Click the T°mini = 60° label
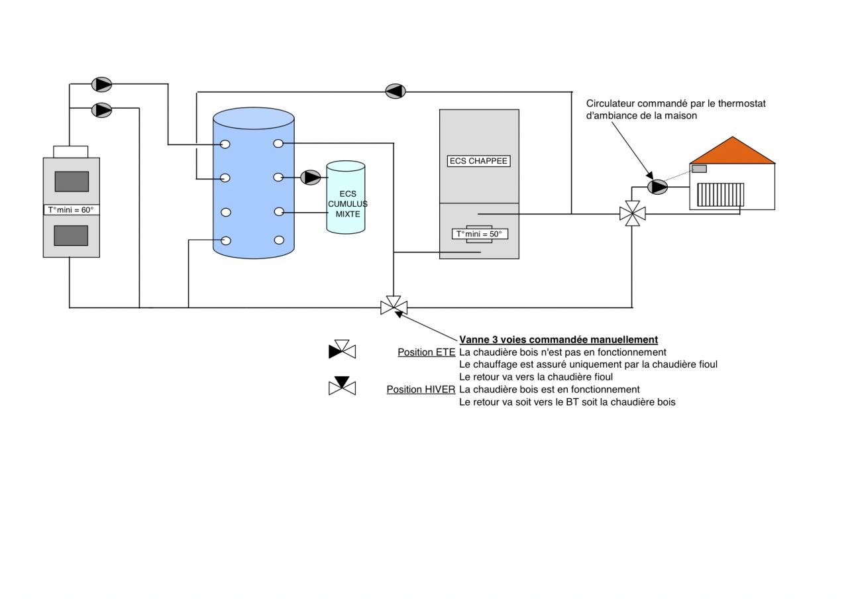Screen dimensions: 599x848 71,210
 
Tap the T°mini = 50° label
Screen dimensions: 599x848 479,234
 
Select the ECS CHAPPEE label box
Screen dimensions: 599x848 478,161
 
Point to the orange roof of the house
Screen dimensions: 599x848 732,153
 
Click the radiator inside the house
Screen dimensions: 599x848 720,195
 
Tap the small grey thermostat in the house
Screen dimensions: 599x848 699,168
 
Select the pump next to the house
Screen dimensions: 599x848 657,187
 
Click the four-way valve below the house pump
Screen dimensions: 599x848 633,213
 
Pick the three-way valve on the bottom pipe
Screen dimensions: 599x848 394,307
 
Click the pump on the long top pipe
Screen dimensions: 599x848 396,91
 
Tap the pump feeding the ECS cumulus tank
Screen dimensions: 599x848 311,178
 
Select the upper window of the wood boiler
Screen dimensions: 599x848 72,181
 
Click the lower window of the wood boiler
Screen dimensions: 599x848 71,235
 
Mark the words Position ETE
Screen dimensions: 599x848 426,353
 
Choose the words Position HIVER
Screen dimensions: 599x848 421,390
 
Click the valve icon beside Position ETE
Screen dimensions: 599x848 343,350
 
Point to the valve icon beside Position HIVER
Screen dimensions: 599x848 343,386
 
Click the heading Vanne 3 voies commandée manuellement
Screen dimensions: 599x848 558,340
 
